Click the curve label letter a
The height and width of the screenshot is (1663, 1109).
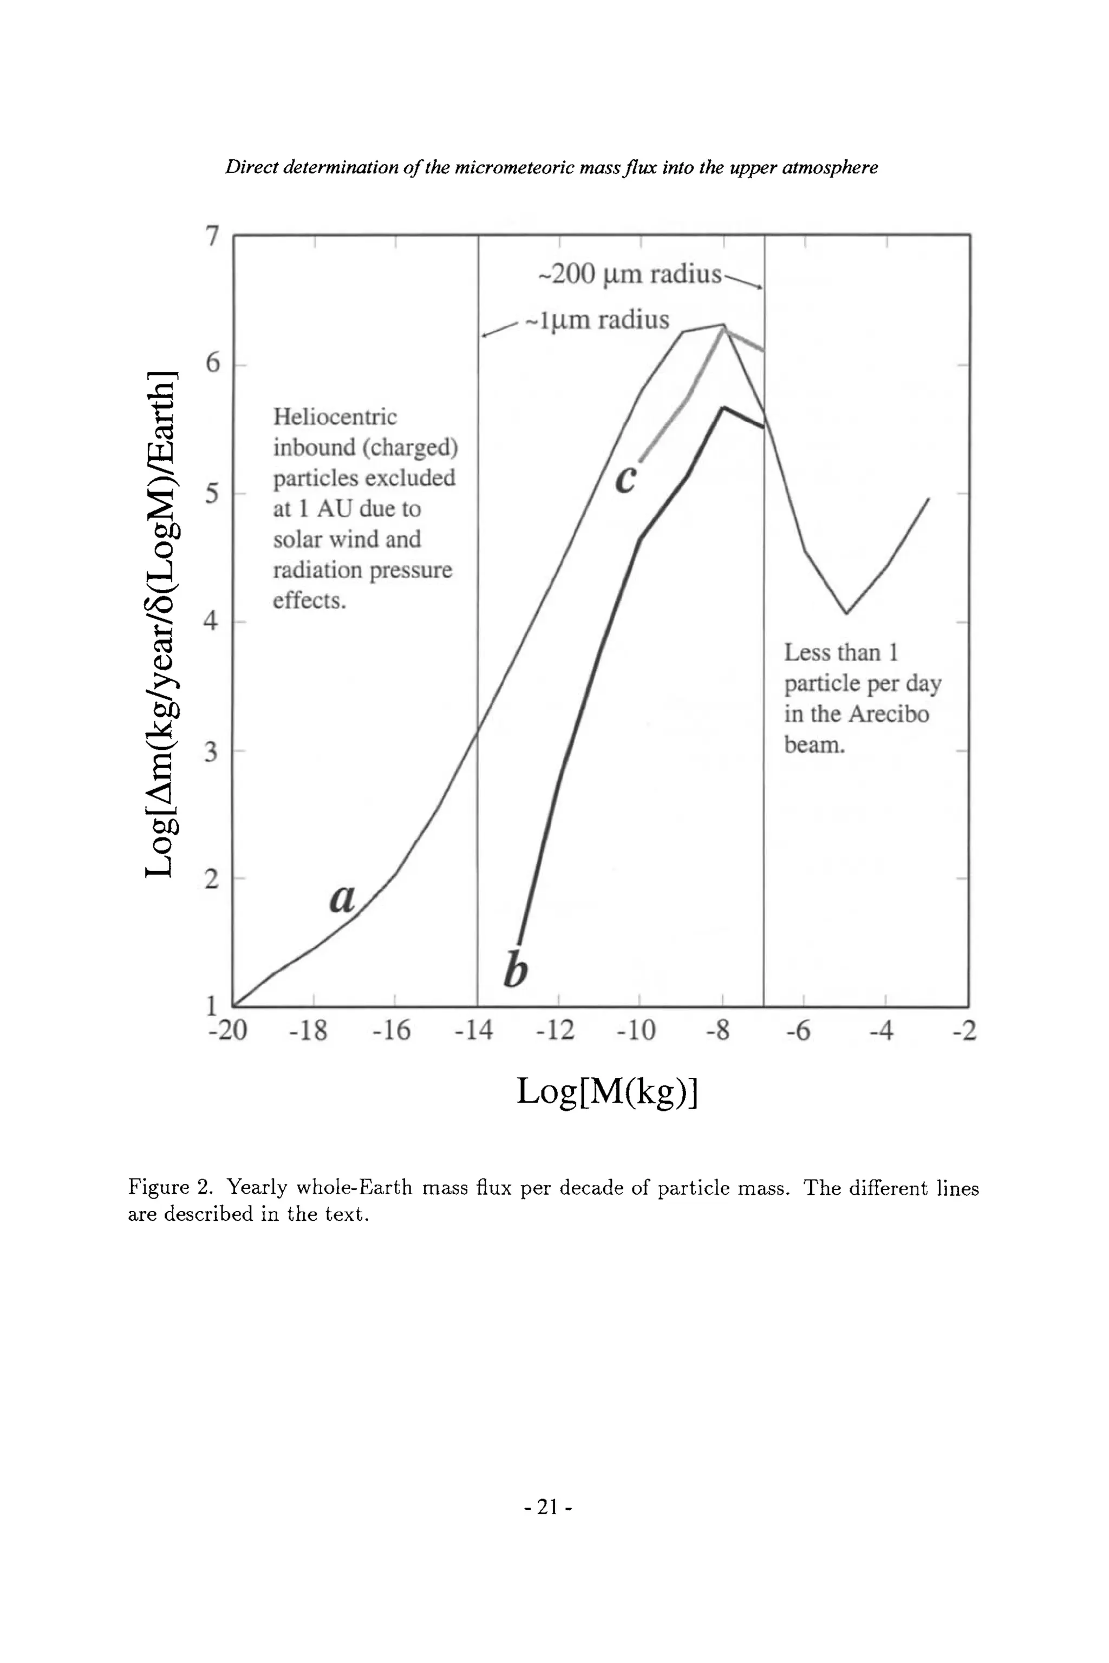342,899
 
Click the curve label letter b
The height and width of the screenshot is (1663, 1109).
516,970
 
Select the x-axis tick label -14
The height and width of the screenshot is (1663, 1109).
473,1031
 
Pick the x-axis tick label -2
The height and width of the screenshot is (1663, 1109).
964,1031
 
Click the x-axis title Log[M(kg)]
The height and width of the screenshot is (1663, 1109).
607,1091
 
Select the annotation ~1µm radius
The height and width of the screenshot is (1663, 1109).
596,320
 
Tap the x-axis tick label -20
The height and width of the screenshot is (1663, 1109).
228,1031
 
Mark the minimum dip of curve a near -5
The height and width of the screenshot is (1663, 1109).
846,613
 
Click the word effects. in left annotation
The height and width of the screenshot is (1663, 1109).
310,601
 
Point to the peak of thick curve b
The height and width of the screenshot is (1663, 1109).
723,408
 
